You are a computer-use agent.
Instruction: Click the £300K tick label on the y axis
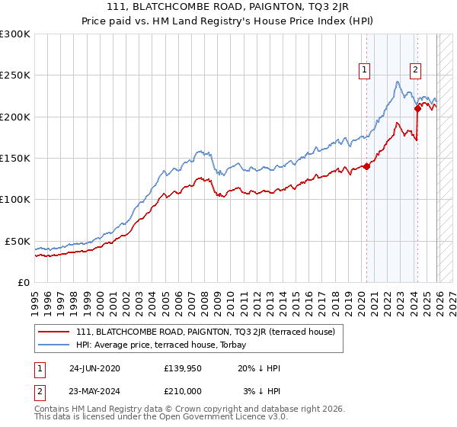tap(15, 34)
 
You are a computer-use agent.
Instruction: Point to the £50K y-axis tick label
tap(18, 241)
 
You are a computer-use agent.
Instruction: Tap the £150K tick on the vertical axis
tap(15, 159)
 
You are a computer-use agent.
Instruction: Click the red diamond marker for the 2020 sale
tap(366, 166)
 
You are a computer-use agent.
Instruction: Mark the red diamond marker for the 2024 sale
tap(417, 108)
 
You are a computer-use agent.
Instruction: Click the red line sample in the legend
tap(54, 331)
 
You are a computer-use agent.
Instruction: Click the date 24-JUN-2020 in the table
tap(94, 368)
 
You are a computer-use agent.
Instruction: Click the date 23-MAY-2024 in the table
tap(94, 391)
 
